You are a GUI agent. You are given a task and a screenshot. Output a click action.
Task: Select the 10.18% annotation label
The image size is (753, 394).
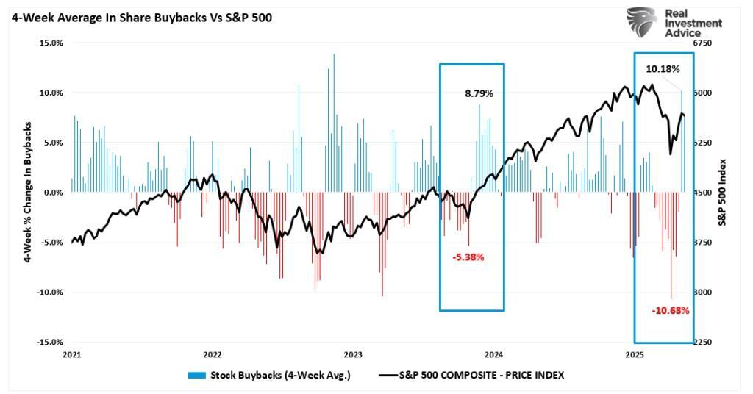point(663,69)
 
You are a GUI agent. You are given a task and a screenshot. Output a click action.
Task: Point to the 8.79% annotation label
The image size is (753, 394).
point(479,94)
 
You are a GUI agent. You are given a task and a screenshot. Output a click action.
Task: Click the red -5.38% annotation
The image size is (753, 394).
point(468,257)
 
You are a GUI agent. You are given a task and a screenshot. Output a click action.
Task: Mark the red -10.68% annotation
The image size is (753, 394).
point(670,310)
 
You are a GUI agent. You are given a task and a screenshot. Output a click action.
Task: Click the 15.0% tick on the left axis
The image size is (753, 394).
point(51,43)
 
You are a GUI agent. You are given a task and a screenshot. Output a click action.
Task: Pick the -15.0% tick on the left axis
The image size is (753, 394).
point(49,343)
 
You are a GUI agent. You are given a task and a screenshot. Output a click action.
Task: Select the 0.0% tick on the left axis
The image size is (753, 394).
point(53,193)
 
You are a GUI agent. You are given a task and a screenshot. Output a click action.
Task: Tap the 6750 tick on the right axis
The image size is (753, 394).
point(703,43)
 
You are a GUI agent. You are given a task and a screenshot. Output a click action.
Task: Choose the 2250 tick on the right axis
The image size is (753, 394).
point(703,343)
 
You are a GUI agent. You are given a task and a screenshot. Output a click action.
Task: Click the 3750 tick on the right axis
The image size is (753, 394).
point(703,243)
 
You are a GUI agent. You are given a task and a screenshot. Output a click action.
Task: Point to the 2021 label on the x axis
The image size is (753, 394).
point(71,354)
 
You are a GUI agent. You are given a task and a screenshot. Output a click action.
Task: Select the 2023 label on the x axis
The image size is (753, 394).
point(353,354)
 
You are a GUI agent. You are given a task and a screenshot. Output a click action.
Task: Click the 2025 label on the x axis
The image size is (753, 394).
point(635,354)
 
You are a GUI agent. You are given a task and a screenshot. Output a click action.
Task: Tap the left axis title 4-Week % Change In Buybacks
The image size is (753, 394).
point(27,193)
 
